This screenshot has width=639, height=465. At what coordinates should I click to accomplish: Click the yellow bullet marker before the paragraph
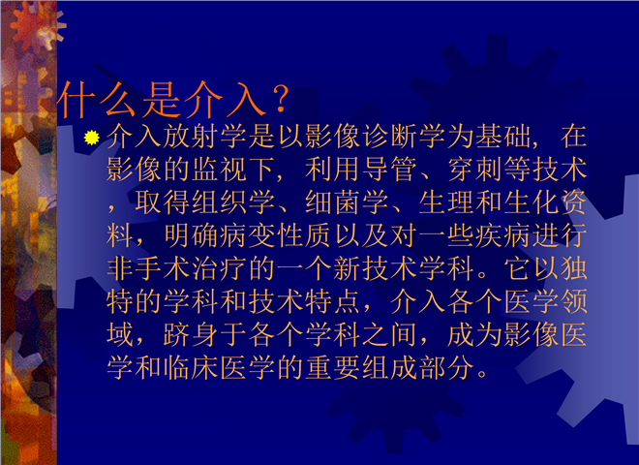(92, 137)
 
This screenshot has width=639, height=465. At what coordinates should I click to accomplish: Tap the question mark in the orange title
(281, 99)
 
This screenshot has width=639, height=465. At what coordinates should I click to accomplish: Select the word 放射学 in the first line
(206, 136)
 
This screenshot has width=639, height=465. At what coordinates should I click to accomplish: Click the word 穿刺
(475, 169)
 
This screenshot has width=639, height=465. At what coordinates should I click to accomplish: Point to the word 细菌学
(348, 202)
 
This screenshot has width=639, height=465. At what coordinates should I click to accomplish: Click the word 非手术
(149, 268)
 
